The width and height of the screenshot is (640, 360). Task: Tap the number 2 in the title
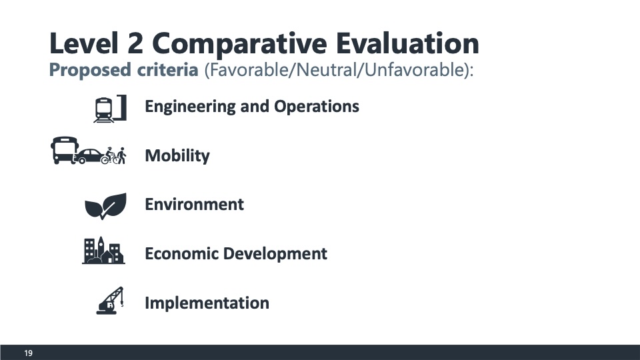[x=135, y=43]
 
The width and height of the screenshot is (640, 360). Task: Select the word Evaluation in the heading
[x=407, y=43]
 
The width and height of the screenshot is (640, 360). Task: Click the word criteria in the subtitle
[x=167, y=70]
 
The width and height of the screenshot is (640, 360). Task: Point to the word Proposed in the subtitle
[x=90, y=70]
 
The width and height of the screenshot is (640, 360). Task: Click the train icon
[x=110, y=109]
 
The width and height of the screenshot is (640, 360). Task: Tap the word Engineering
[x=190, y=107]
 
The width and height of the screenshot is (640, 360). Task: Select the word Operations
[x=316, y=107]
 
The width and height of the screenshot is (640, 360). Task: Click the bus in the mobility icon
[x=64, y=150]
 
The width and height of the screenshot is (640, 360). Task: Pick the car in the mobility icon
[x=89, y=156]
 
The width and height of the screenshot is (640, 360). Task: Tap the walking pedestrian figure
[x=121, y=155]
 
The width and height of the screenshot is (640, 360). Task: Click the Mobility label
[x=177, y=156]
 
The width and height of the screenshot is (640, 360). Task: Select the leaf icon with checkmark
[x=105, y=206]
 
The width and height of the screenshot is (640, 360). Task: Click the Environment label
[x=194, y=204]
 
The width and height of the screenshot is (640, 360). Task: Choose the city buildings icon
[x=103, y=250]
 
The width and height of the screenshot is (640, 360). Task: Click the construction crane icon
[x=110, y=301]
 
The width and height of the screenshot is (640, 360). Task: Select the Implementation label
[x=207, y=303]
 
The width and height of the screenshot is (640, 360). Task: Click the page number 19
[x=28, y=353]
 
